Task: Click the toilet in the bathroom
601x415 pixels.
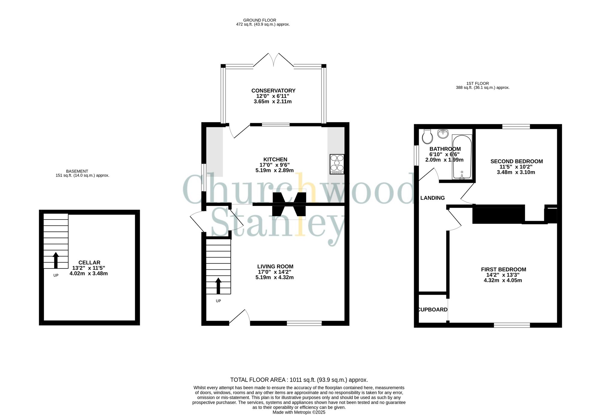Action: pyautogui.click(x=427, y=137)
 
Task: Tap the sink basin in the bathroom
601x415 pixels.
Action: pyautogui.click(x=443, y=134)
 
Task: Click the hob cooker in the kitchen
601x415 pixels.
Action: pyautogui.click(x=337, y=164)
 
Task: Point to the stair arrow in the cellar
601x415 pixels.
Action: pyautogui.click(x=56, y=260)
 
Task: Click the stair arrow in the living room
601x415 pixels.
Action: pyautogui.click(x=218, y=286)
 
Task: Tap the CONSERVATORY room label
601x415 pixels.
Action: pyautogui.click(x=273, y=91)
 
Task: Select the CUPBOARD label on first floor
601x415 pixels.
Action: pyautogui.click(x=433, y=310)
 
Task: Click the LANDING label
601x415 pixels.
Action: pyautogui.click(x=432, y=198)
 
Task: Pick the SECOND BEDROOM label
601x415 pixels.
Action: pyautogui.click(x=516, y=161)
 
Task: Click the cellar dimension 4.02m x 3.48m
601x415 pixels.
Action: pyautogui.click(x=89, y=274)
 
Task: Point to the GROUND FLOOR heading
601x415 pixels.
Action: pyautogui.click(x=260, y=20)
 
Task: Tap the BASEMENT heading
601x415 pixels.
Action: pyautogui.click(x=77, y=171)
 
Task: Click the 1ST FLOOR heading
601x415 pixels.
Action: pyautogui.click(x=477, y=83)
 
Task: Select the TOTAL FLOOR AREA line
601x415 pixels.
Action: pyautogui.click(x=299, y=380)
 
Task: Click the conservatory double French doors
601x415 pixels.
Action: pyautogui.click(x=273, y=60)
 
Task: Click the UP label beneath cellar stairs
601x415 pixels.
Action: pyautogui.click(x=56, y=275)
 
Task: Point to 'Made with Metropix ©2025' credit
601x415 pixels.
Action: pyautogui.click(x=299, y=412)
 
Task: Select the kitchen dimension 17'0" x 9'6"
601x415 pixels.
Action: pyautogui.click(x=274, y=165)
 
